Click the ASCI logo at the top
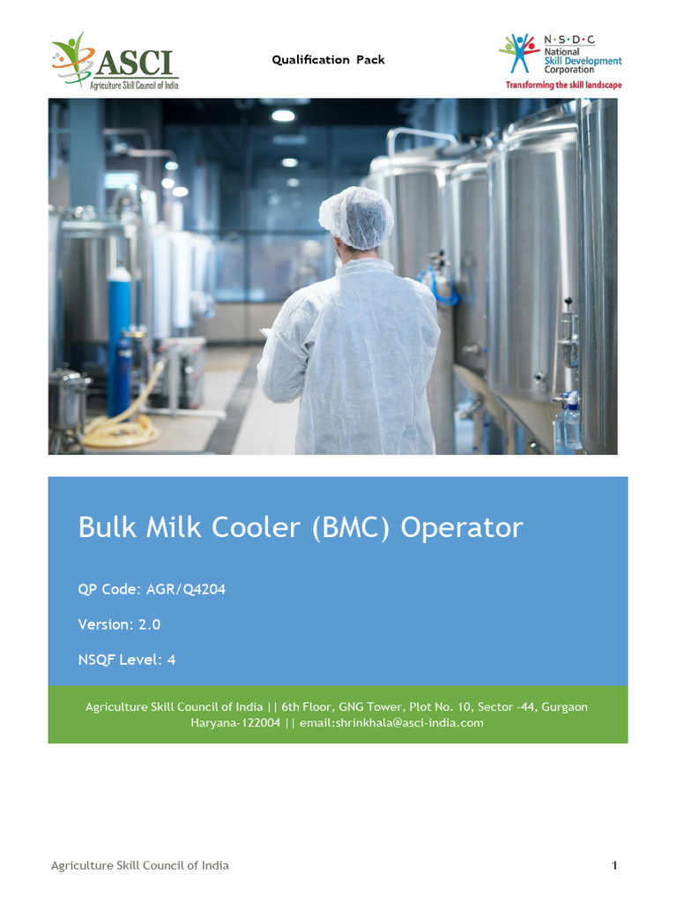pos(115,61)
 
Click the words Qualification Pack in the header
pos(328,60)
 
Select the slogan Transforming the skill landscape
pos(563,86)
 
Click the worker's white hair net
pos(356,217)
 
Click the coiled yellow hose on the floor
pos(123,429)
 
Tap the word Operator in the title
pos(462,527)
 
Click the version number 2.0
pos(149,624)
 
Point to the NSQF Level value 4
pos(171,659)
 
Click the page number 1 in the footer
pos(614,866)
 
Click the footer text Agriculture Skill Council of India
pos(140,866)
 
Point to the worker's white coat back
pos(353,353)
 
